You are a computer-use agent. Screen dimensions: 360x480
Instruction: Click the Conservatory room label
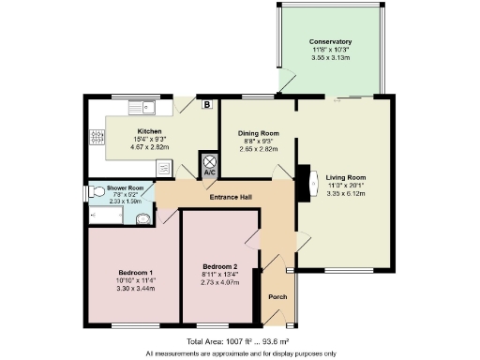tap(330, 42)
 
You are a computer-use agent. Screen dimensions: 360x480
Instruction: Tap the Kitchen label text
tap(150, 131)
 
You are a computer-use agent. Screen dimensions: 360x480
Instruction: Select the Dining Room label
tap(259, 133)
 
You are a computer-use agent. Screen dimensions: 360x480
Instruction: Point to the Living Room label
tap(345, 177)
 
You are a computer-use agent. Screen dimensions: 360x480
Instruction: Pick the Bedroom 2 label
tap(220, 267)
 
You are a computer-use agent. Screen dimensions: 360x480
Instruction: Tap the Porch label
tap(277, 297)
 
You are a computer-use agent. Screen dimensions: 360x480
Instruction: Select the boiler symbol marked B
tap(206, 105)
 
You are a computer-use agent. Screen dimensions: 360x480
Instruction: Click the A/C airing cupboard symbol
tap(209, 166)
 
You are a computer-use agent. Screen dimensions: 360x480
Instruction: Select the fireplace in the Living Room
tap(303, 183)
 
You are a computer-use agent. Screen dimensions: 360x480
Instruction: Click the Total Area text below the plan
tap(239, 341)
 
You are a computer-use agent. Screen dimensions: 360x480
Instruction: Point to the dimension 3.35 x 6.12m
tap(345, 193)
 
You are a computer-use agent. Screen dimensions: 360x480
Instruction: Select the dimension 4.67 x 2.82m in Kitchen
tap(150, 147)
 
